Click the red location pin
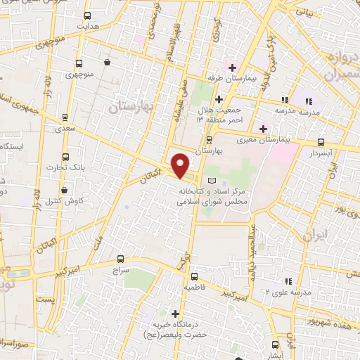[181, 165]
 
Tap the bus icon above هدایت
[87, 15]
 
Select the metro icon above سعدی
[65, 117]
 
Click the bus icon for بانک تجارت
[66, 157]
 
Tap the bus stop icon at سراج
[120, 259]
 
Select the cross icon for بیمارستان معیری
[263, 129]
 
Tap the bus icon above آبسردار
[321, 142]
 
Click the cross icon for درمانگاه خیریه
[175, 313]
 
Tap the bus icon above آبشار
[275, 345]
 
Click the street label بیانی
[304, 13]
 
